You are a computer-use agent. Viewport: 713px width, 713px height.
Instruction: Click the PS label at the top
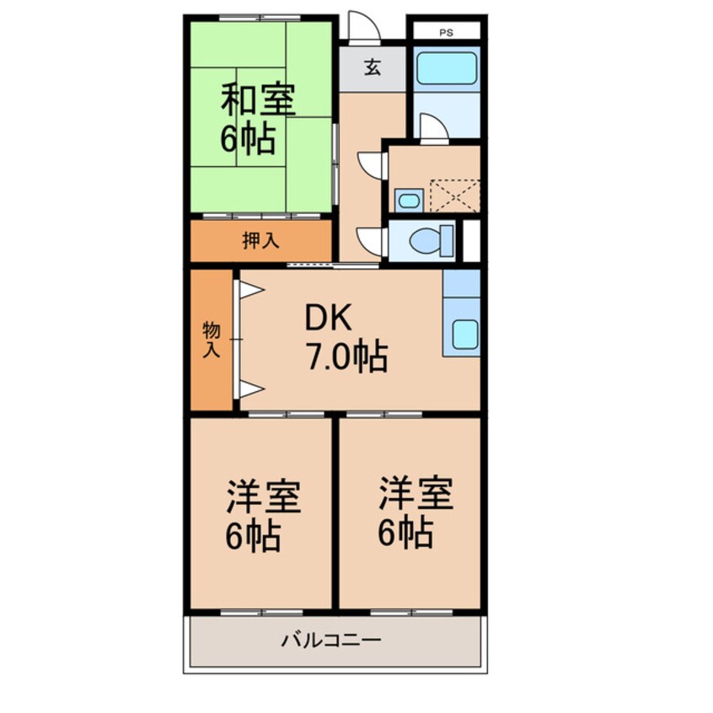445,33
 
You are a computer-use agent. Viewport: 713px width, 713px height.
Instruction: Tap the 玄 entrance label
372,68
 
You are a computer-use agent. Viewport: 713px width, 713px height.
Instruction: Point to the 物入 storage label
211,340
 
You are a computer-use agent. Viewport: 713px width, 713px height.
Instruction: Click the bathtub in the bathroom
447,68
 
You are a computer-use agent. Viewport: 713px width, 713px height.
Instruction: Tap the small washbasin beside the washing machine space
407,201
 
